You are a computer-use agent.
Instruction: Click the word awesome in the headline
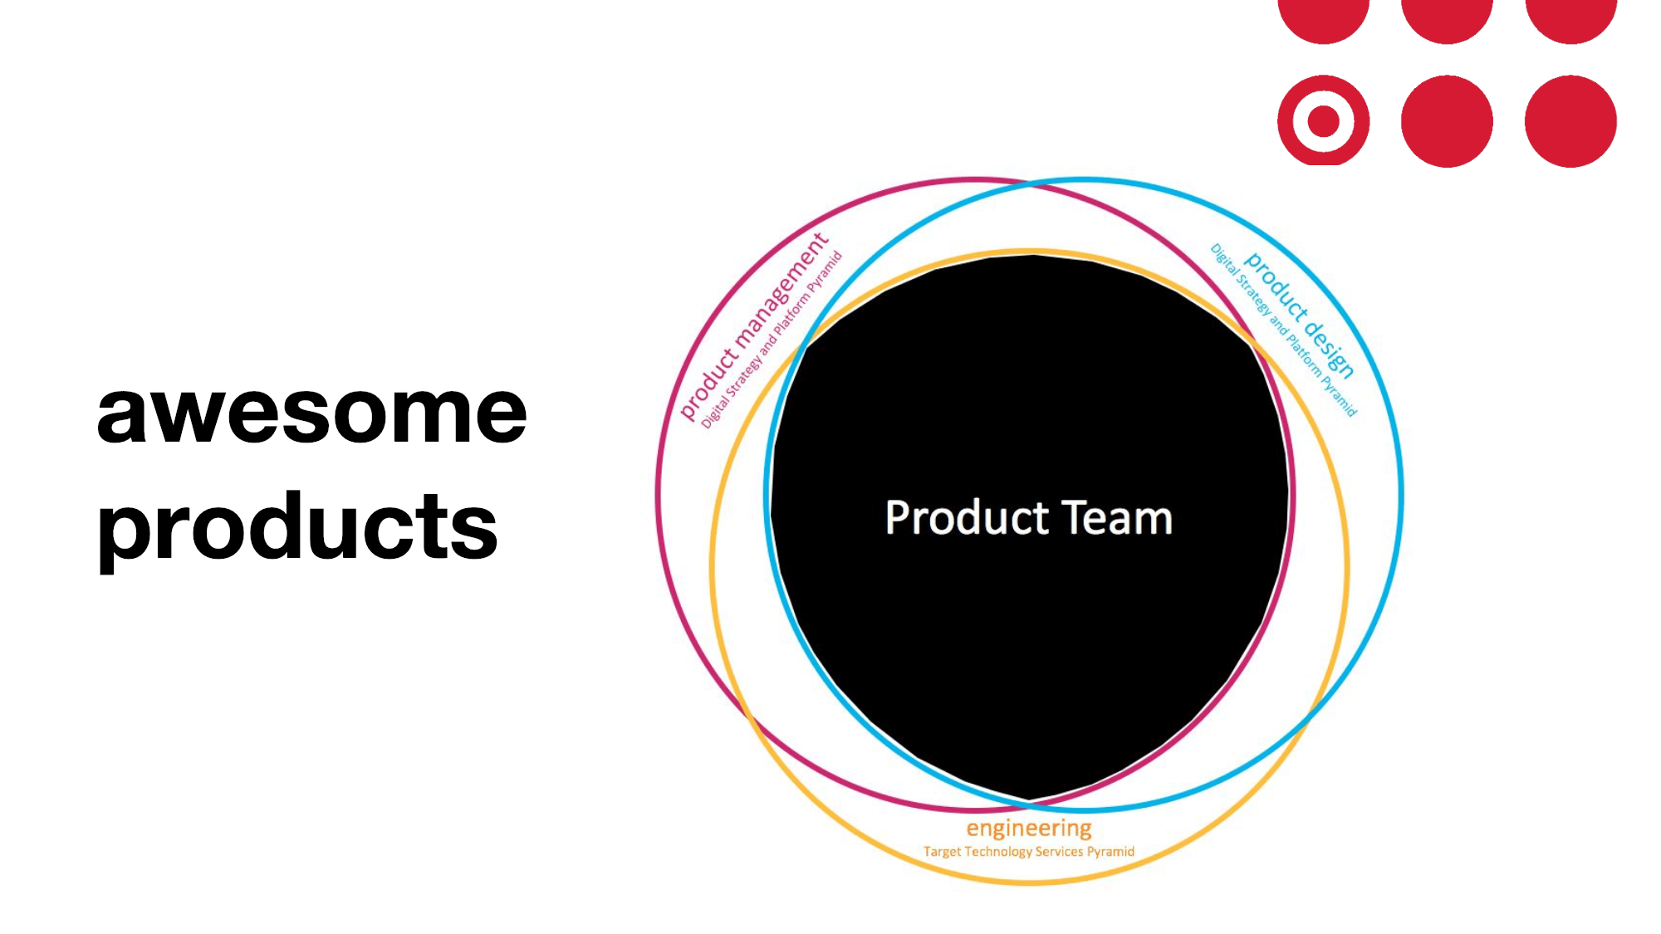tap(311, 413)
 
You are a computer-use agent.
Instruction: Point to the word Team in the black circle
tap(1118, 518)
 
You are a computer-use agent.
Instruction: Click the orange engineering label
tap(1029, 829)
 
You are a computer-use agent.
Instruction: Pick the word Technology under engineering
tap(997, 852)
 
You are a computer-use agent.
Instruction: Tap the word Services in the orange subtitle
tap(1059, 852)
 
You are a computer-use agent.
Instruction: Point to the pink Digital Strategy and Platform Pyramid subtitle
tap(772, 340)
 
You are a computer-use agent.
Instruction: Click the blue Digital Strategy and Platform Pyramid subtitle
tap(1283, 330)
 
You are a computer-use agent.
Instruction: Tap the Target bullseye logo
tap(1323, 121)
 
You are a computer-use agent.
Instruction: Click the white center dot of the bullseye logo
tap(1323, 121)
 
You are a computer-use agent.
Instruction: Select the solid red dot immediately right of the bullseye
tap(1447, 121)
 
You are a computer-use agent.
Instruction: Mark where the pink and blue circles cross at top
tap(1030, 184)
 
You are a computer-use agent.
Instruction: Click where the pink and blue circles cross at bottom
tap(1030, 805)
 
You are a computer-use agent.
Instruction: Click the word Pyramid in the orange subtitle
tap(1110, 852)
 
